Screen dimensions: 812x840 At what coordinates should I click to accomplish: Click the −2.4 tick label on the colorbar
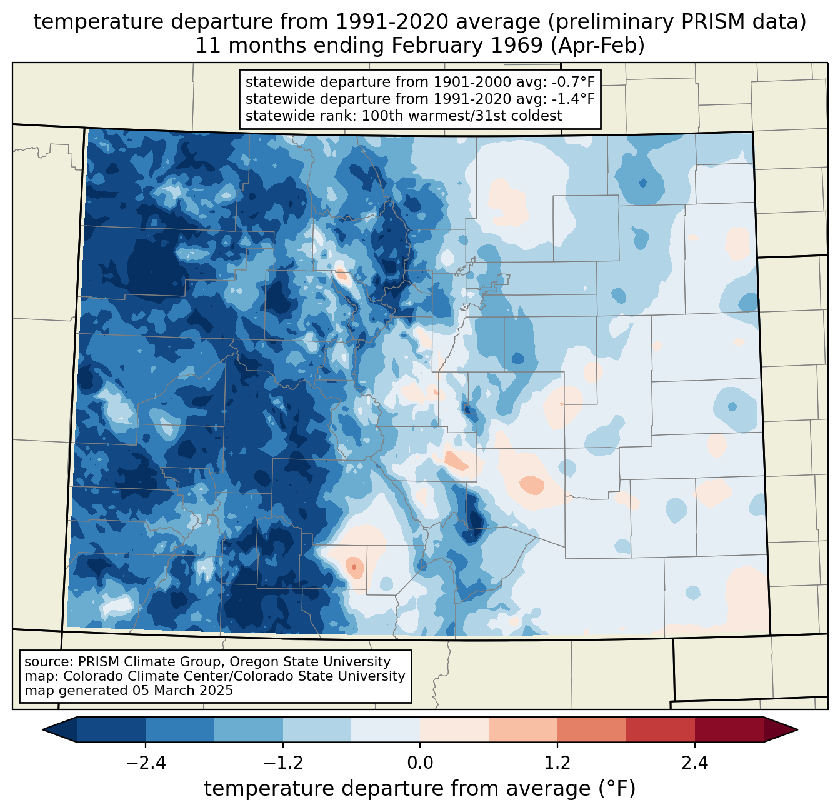point(146,763)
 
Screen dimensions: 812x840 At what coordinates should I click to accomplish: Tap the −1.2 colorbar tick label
point(282,763)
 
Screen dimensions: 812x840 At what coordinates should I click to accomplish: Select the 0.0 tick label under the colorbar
point(420,763)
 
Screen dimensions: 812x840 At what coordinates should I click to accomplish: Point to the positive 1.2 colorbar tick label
point(557,763)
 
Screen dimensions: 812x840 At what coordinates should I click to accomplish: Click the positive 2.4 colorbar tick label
point(694,763)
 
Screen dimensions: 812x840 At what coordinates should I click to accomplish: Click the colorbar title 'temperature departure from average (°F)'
point(420,789)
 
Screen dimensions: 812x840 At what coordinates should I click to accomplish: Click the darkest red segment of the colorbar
point(729,729)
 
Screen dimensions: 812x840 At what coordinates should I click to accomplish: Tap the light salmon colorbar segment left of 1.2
point(523,729)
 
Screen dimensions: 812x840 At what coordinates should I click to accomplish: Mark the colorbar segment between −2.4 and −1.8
point(180,729)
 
